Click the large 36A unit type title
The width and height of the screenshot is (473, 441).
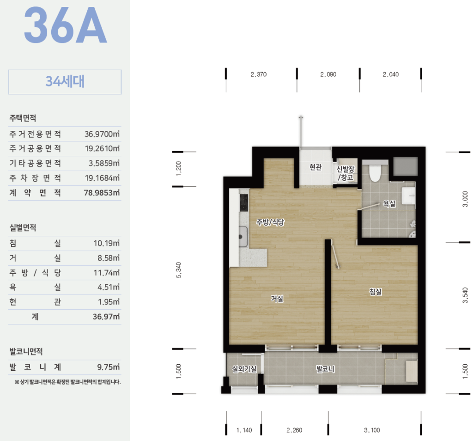pyautogui.click(x=65, y=25)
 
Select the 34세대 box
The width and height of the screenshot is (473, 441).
pyautogui.click(x=65, y=82)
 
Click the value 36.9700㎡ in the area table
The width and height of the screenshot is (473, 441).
pyautogui.click(x=102, y=134)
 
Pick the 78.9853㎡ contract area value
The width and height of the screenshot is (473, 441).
pyautogui.click(x=102, y=193)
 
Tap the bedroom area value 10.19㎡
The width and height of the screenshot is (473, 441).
pyautogui.click(x=107, y=243)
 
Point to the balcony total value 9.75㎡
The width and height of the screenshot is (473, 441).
pyautogui.click(x=108, y=367)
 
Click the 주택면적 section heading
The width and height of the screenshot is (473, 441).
pyautogui.click(x=23, y=118)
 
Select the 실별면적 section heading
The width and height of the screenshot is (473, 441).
pyautogui.click(x=23, y=227)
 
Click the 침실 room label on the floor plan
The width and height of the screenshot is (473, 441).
pyautogui.click(x=375, y=292)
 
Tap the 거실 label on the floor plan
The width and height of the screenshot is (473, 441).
pyautogui.click(x=277, y=299)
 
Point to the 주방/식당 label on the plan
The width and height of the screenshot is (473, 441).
pyautogui.click(x=270, y=222)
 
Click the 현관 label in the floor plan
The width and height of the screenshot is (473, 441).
pyautogui.click(x=315, y=167)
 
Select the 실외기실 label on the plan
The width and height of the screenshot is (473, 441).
pyautogui.click(x=244, y=368)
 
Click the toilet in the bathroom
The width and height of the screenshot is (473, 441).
pyautogui.click(x=375, y=172)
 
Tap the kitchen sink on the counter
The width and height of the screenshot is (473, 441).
pyautogui.click(x=243, y=236)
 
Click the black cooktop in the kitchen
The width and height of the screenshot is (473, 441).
pyautogui.click(x=244, y=202)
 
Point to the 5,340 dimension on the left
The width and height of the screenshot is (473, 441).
pyautogui.click(x=179, y=270)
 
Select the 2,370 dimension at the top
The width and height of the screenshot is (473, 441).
pyautogui.click(x=259, y=74)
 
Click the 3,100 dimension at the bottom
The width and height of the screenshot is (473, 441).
pyautogui.click(x=372, y=430)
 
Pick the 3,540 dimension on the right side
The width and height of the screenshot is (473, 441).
pyautogui.click(x=466, y=295)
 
